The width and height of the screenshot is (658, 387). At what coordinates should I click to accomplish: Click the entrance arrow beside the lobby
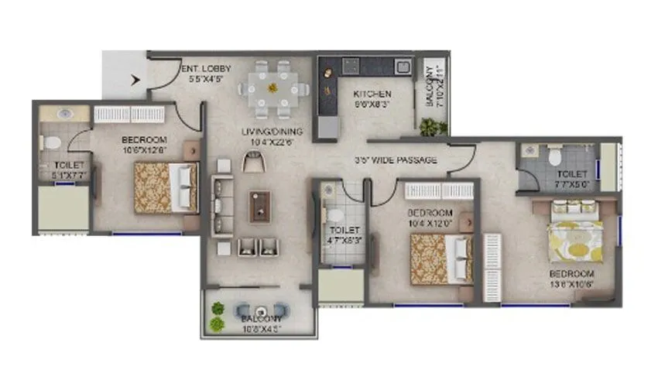click(137, 78)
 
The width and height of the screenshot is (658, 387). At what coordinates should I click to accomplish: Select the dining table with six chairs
click(273, 88)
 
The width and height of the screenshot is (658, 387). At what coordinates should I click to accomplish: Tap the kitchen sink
click(403, 66)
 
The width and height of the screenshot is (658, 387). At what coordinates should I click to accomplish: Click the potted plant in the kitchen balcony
click(431, 126)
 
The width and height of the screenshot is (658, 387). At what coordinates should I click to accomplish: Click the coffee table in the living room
click(259, 207)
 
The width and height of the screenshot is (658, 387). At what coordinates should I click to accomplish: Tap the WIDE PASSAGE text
click(391, 160)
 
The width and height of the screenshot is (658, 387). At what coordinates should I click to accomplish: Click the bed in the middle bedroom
click(440, 258)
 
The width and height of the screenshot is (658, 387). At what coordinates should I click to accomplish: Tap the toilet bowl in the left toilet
click(50, 143)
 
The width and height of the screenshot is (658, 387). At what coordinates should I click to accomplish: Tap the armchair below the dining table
click(252, 161)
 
